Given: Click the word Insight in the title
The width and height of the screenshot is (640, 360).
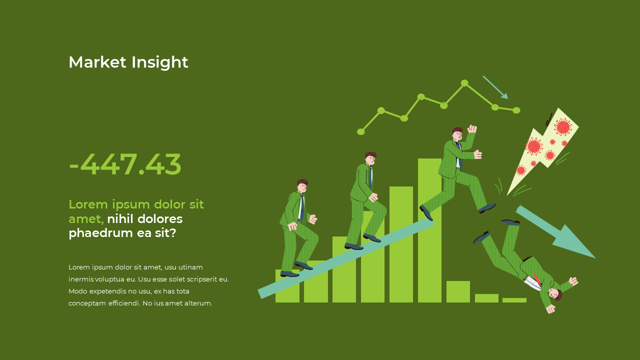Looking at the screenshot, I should coord(159,62).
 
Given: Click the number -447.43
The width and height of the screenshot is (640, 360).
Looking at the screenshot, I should coord(125,164).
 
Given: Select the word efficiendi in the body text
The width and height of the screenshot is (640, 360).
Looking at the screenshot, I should coord(124,303).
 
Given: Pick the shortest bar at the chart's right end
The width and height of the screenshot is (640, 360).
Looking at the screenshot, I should coord(514,300).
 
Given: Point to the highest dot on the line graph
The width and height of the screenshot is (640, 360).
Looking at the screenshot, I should coord(464,83).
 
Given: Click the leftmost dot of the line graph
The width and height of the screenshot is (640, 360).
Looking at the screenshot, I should coord(361,131).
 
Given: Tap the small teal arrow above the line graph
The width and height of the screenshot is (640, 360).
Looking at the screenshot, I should coord(495,87).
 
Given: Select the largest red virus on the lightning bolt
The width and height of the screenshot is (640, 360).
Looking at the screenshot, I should coord(563,127).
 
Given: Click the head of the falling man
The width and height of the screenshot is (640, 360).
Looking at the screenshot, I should coord(554,293).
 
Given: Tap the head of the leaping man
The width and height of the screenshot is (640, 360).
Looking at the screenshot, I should coord(457,134).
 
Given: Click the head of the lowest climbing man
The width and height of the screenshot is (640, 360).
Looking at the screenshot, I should coord(302,185).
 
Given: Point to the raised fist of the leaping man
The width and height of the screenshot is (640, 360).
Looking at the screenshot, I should coord(471,129).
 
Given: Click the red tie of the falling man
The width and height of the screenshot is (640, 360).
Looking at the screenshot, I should coord(537,278).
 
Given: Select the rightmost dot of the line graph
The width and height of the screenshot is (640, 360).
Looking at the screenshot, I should coord(516,110).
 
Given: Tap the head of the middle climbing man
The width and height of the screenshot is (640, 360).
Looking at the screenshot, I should coord(370,158).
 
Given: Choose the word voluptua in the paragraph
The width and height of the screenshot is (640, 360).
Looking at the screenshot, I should coord(109,279).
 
